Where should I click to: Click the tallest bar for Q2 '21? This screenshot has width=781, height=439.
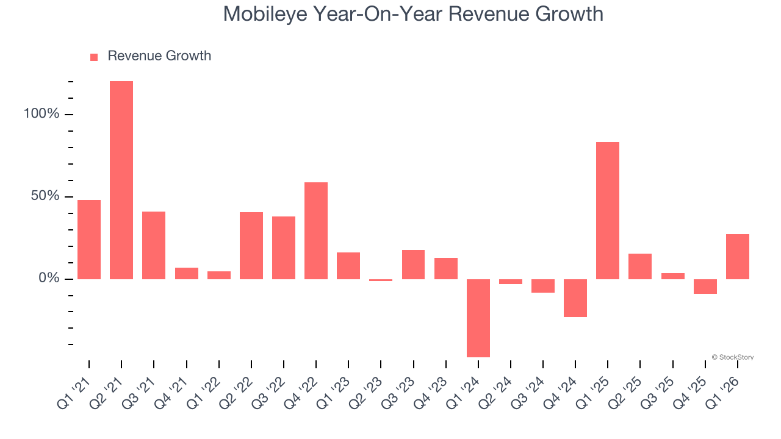point(121,180)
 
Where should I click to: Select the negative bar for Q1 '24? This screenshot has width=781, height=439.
point(478,318)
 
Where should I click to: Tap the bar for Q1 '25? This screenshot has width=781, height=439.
point(608,210)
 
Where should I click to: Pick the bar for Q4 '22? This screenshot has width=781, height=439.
point(316,230)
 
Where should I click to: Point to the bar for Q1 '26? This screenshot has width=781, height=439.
point(737,257)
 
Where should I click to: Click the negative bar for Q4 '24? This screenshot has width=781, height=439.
point(575,298)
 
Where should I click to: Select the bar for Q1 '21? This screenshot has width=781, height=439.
point(89,240)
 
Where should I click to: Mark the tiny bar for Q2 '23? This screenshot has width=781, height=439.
point(381,280)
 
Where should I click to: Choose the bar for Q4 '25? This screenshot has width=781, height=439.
point(705,287)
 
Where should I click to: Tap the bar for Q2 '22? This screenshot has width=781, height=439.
point(251,246)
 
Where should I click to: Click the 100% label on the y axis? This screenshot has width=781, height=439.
point(42,115)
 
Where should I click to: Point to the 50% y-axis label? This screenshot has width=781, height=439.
point(45,197)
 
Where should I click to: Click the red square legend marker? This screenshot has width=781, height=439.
point(94,57)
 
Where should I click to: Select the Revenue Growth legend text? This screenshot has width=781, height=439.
point(159,56)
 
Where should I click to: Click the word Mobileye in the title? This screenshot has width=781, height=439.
point(264,13)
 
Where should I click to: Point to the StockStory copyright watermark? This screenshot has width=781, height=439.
point(732,357)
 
